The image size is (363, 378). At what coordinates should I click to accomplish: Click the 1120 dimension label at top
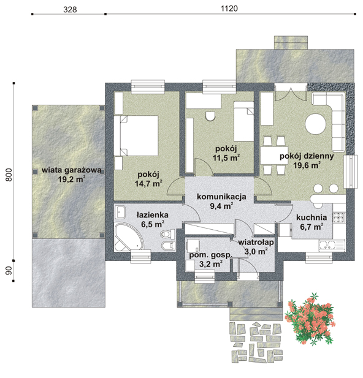pyautogui.click(x=229, y=9)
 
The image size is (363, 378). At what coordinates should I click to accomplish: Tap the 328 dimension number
pyautogui.click(x=70, y=9)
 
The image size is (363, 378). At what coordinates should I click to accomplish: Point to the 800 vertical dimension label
pyautogui.click(x=9, y=175)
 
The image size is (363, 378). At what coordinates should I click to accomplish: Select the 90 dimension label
pyautogui.click(x=9, y=271)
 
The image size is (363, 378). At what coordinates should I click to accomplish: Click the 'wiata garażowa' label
pyautogui.click(x=72, y=170)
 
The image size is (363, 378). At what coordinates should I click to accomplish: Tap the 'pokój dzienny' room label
pyautogui.click(x=307, y=156)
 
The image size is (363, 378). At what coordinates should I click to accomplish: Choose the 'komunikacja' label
pyautogui.click(x=221, y=197)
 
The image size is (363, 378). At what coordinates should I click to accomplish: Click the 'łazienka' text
pyautogui.click(x=152, y=214)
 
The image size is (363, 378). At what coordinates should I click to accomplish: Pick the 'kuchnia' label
pyautogui.click(x=311, y=217)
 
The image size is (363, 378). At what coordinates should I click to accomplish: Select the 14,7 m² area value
pyautogui.click(x=148, y=183)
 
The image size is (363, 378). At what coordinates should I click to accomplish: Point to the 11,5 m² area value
pyautogui.click(x=226, y=157)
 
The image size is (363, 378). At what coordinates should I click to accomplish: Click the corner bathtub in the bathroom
pyautogui.click(x=129, y=237)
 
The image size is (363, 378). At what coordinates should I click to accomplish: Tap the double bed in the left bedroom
pyautogui.click(x=136, y=135)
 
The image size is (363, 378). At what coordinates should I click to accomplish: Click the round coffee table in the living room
pyautogui.click(x=315, y=124)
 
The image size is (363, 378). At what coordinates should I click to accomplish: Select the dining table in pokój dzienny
pyautogui.click(x=274, y=156)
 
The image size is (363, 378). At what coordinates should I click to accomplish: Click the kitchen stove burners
pyautogui.click(x=339, y=217)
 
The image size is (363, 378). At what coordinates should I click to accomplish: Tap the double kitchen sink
pyautogui.click(x=327, y=246)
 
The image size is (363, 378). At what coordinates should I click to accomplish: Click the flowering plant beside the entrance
pyautogui.click(x=310, y=319)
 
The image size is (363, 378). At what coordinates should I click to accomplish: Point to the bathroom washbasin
pyautogui.click(x=120, y=212)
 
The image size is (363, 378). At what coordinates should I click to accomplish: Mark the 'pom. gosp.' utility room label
pyautogui.click(x=210, y=255)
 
